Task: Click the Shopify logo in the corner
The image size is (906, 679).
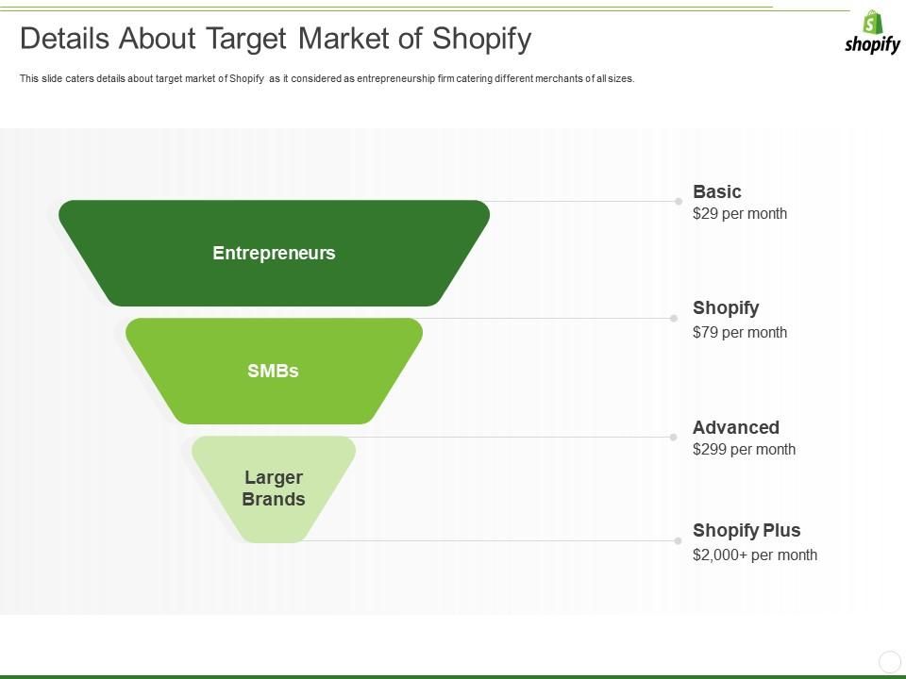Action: point(872,33)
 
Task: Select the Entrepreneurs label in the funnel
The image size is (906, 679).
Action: point(274,253)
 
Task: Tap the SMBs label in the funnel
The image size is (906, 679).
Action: point(273,371)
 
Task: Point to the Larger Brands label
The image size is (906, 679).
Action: point(274,489)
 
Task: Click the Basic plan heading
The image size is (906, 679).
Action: point(717,191)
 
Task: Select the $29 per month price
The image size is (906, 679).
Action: point(739,214)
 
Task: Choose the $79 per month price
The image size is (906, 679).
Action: point(739,332)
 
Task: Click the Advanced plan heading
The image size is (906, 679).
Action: point(736,427)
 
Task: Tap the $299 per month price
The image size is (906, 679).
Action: point(744,450)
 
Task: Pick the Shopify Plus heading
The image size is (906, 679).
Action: point(747,530)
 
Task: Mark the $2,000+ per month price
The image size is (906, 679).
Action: point(755,555)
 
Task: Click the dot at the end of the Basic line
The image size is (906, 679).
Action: point(678,201)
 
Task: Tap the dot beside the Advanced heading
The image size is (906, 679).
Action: point(673,437)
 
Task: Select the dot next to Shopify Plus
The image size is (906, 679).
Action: point(678,540)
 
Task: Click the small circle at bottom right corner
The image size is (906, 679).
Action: point(889,661)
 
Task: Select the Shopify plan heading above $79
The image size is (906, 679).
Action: point(726,307)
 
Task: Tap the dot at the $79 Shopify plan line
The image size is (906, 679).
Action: point(673,319)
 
